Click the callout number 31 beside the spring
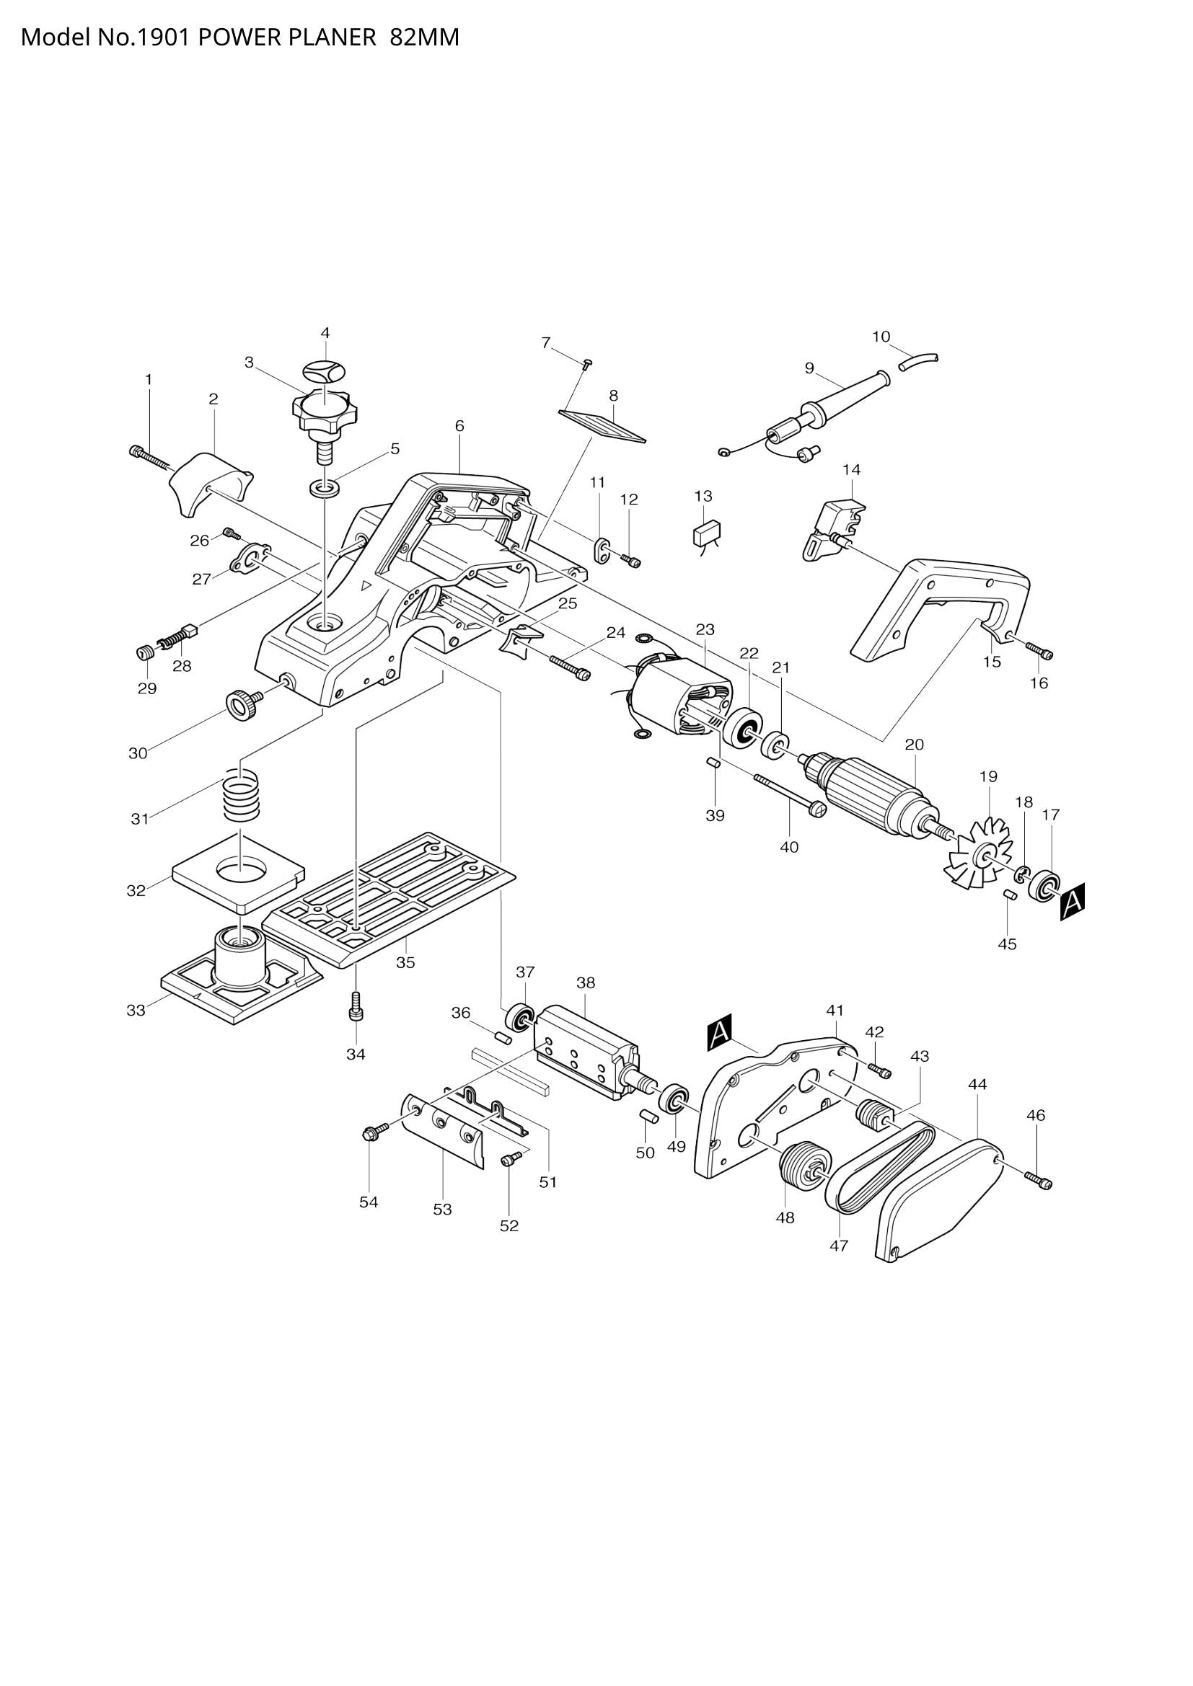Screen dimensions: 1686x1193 click(141, 818)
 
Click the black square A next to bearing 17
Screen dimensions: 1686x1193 click(1073, 901)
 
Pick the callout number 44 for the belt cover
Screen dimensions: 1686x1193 click(978, 1084)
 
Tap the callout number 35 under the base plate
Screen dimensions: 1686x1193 click(405, 962)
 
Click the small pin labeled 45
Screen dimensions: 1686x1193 click(1009, 895)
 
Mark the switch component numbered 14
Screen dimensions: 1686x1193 click(832, 523)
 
